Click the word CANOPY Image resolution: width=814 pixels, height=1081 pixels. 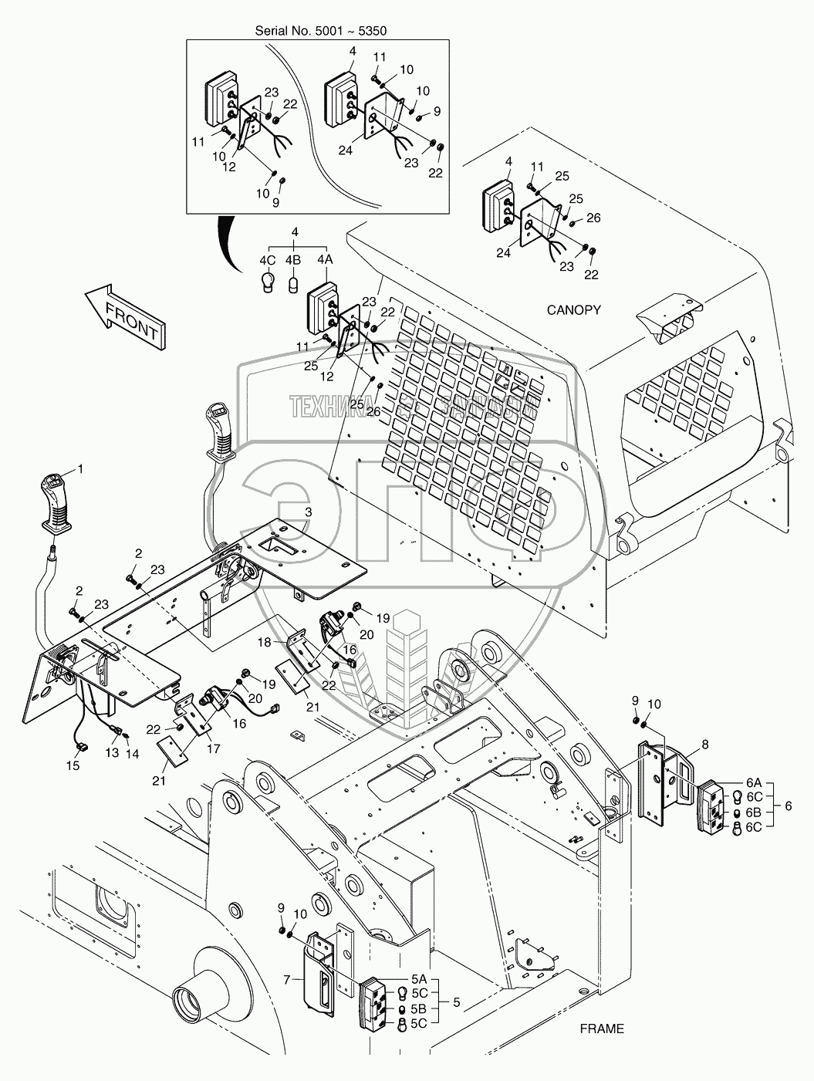coord(573,310)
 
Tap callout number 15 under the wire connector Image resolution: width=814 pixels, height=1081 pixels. coord(73,765)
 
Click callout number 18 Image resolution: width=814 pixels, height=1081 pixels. coord(264,642)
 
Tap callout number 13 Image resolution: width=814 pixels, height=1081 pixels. coord(113,752)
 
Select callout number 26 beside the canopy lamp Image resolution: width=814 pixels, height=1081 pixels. coord(593,218)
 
